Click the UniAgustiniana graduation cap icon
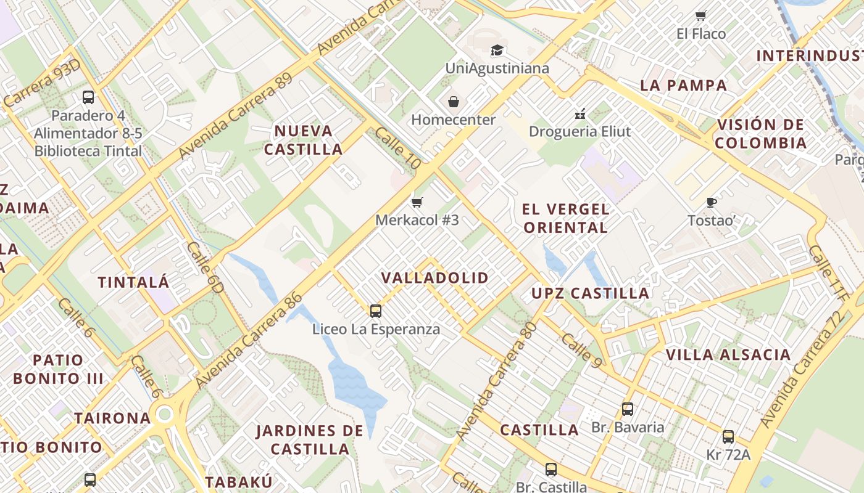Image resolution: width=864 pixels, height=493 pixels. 497,51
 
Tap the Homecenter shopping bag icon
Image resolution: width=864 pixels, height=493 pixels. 454,102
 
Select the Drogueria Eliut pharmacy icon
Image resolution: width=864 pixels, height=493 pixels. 580,113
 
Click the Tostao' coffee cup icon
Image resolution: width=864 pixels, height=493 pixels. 712,202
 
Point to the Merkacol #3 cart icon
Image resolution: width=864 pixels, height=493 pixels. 417,202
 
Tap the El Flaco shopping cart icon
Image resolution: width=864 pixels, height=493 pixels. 700,15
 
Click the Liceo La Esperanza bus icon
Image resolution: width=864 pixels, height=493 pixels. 376,311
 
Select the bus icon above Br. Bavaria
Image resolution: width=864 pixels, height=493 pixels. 628,409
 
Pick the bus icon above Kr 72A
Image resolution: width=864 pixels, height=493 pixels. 728,437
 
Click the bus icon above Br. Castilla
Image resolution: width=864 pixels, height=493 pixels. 551,470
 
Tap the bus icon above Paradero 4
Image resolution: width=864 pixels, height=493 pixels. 88,97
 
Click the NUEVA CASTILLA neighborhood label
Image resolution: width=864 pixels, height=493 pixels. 304,140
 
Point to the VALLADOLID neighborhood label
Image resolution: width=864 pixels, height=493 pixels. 435,278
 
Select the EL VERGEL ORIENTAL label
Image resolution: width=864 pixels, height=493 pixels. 565,218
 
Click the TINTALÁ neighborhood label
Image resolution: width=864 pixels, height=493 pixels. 133,282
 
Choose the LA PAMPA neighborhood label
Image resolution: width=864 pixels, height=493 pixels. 684,86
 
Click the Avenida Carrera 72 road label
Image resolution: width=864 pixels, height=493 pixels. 802,370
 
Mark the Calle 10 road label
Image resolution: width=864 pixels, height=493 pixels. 397,149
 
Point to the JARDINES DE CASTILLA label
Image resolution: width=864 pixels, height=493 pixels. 310,439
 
